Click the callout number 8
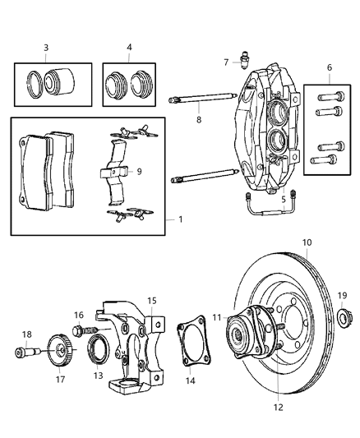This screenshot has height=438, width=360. click(197, 120)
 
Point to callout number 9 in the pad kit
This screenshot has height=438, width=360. click(140, 172)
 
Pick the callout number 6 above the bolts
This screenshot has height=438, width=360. click(329, 68)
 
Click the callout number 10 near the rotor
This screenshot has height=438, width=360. click(307, 243)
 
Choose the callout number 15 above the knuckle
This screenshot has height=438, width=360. click(151, 302)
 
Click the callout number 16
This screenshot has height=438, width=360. click(79, 315)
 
